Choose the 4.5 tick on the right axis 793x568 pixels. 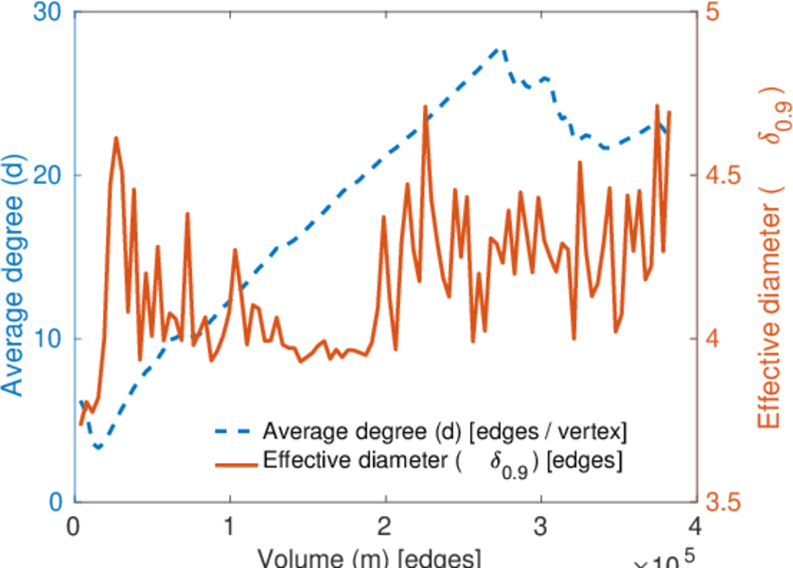[x=725, y=175]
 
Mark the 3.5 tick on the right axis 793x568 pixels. [x=725, y=502]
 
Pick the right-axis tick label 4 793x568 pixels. [x=711, y=339]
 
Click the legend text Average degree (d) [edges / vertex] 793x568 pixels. [x=445, y=432]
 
